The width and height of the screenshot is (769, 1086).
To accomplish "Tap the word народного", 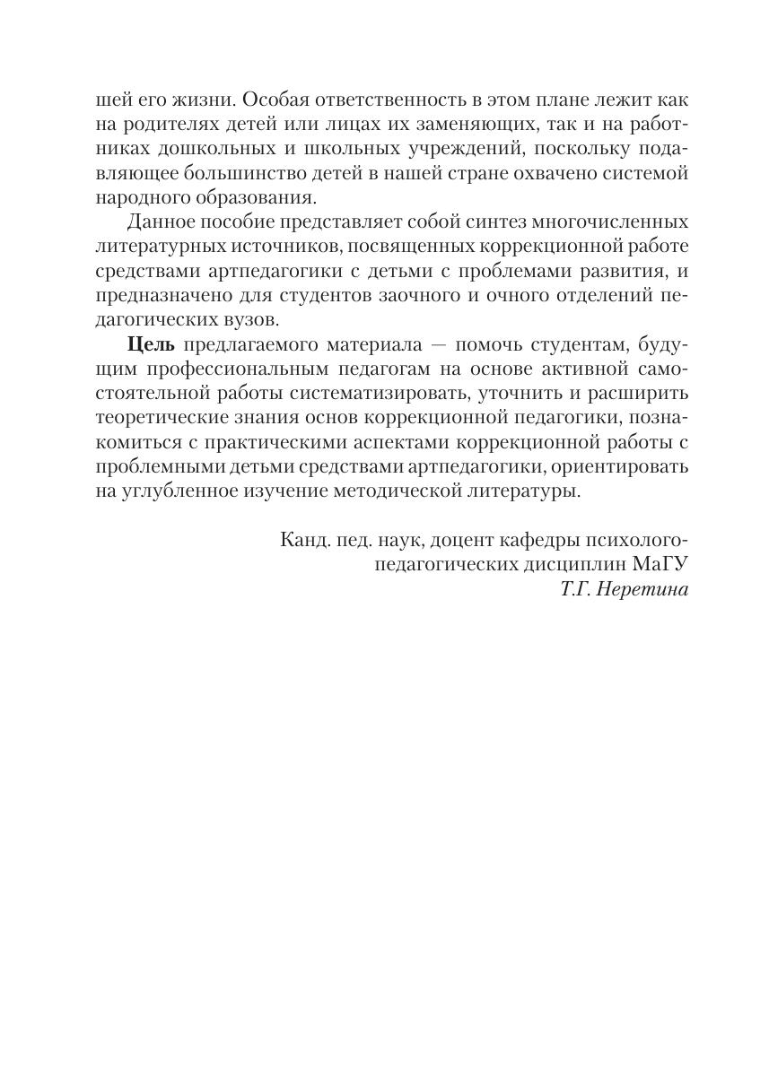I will (x=143, y=196).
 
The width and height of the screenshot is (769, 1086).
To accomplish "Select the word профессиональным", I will (x=244, y=369).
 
